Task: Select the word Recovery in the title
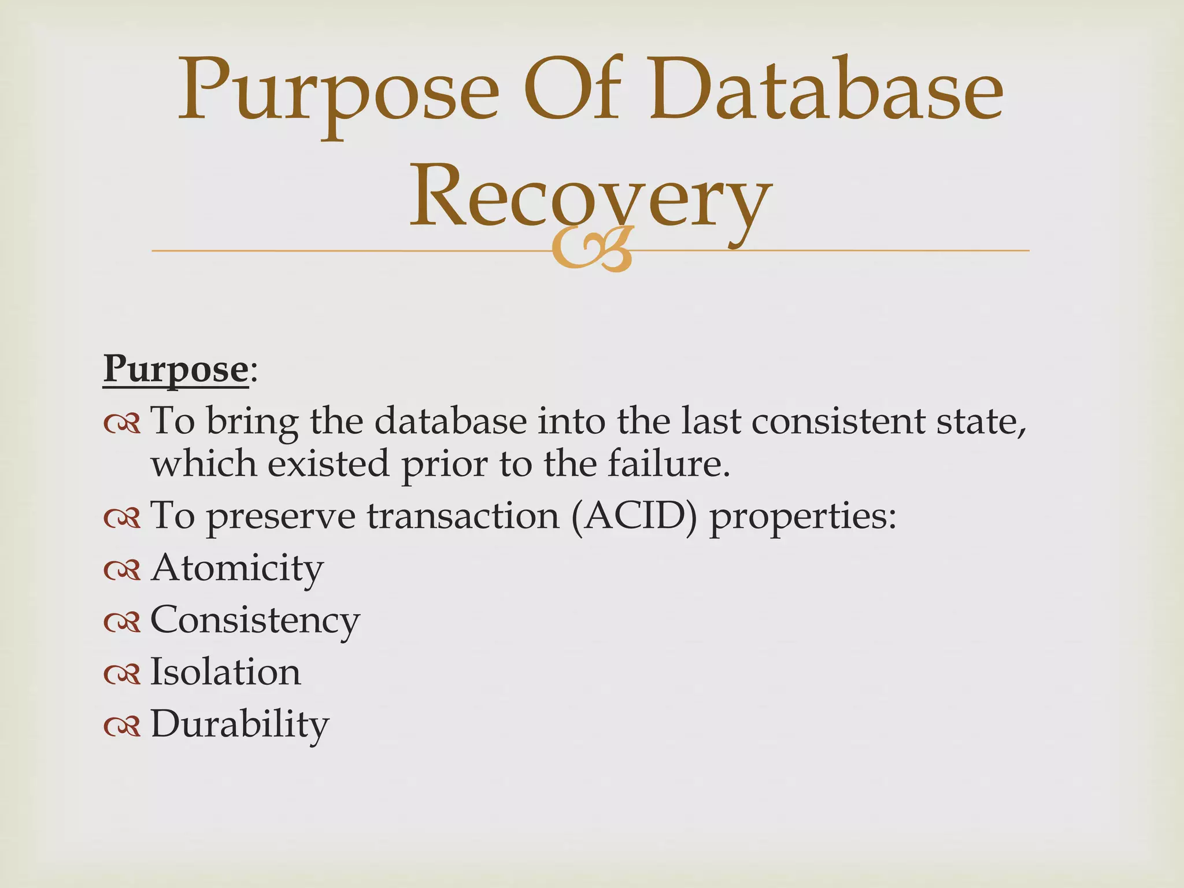[x=590, y=197]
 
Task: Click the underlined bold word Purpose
[x=176, y=369]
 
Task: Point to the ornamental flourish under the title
[x=593, y=250]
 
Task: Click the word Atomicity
[x=237, y=568]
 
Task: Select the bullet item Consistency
[x=255, y=620]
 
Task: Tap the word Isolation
[x=225, y=672]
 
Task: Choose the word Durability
[x=239, y=724]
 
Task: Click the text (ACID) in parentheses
[x=634, y=516]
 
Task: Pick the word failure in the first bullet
[x=669, y=464]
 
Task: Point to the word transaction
[x=463, y=516]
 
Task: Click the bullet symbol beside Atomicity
[x=122, y=570]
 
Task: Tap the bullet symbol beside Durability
[x=122, y=726]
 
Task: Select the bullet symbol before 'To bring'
[x=122, y=424]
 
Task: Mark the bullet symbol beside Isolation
[x=122, y=674]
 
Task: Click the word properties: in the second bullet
[x=803, y=517]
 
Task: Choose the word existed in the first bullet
[x=328, y=464]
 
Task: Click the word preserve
[x=281, y=517]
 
